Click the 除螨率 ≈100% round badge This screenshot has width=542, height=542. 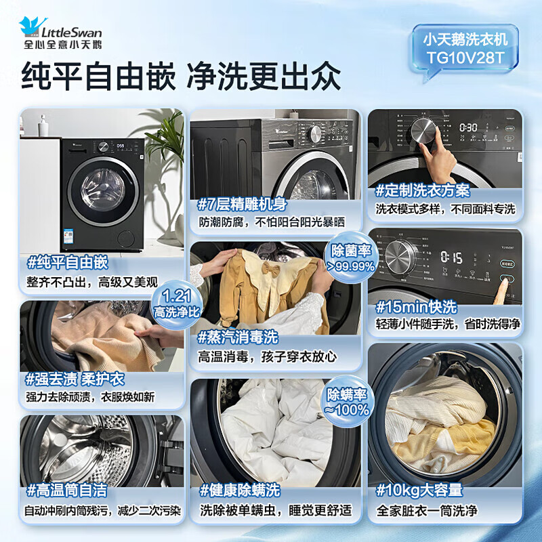348,402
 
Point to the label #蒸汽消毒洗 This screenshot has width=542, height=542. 238,337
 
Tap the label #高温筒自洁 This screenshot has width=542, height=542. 68,489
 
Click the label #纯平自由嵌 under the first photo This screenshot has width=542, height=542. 68,262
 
